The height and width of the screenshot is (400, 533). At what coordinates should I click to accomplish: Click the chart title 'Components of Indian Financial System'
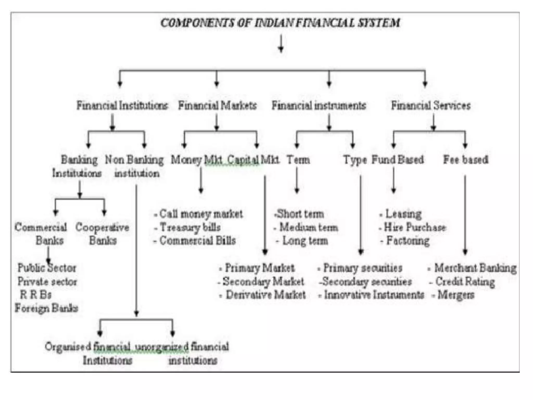(x=280, y=23)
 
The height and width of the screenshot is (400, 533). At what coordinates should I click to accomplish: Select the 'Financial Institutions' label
(x=122, y=105)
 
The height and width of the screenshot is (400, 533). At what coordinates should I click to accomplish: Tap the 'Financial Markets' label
(x=217, y=105)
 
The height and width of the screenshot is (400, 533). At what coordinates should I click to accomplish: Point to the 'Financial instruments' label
(x=319, y=105)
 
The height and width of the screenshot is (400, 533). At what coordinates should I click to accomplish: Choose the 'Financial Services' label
(x=431, y=105)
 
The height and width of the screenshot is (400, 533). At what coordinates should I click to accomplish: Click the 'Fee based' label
(x=466, y=160)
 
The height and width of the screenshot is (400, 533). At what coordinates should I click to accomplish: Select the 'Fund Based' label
(x=397, y=160)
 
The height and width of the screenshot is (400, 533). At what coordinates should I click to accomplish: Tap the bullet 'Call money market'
(x=201, y=214)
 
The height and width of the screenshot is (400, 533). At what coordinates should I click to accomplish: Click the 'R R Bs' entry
(x=36, y=295)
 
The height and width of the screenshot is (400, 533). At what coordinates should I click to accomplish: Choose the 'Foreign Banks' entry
(x=46, y=308)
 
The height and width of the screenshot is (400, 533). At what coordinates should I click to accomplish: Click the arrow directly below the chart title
(x=281, y=44)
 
